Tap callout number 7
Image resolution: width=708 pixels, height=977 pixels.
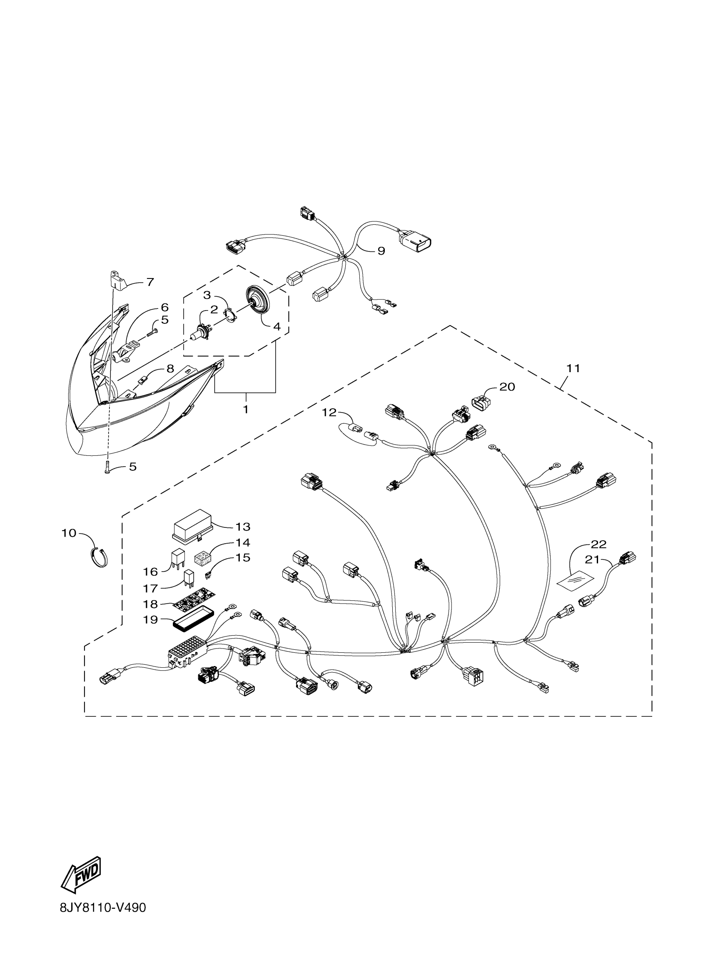pyautogui.click(x=150, y=282)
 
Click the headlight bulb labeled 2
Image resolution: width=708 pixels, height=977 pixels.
pyautogui.click(x=201, y=333)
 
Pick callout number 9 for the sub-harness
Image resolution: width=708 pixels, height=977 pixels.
pyautogui.click(x=381, y=251)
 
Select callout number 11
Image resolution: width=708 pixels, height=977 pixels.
pyautogui.click(x=573, y=368)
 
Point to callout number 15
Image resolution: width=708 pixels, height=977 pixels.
pyautogui.click(x=243, y=557)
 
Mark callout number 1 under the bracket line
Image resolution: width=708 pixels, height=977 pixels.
pyautogui.click(x=246, y=409)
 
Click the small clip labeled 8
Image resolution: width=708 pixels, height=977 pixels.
pyautogui.click(x=144, y=380)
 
